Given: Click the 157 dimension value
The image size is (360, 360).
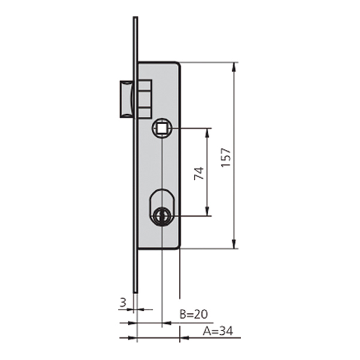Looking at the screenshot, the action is [226, 157].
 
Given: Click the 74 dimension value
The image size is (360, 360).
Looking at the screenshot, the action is [199, 173].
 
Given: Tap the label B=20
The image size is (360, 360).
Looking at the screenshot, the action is [194, 314].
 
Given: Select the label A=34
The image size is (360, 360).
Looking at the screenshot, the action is [218, 331].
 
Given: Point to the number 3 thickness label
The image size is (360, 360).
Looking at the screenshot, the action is [123, 302].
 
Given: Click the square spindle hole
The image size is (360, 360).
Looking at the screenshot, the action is [162, 128].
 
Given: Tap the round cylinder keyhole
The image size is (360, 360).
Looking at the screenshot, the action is [162, 215].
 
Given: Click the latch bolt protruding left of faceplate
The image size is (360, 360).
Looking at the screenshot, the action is [126, 99].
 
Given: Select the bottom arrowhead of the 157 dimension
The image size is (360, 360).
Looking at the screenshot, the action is [234, 244].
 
